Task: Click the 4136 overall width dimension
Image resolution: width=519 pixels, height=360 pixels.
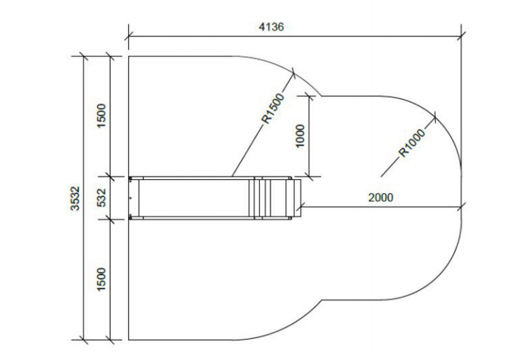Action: coord(271,27)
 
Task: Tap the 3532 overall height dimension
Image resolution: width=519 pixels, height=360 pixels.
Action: coord(75,198)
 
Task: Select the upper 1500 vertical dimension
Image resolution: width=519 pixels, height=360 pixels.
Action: coord(102,116)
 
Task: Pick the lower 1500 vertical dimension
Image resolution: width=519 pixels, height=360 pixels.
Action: coord(102,279)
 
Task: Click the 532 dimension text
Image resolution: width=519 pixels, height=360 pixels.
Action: coord(102,198)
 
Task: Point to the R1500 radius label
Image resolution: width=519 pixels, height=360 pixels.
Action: coord(273,108)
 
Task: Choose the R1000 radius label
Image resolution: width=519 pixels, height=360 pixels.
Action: coord(411,143)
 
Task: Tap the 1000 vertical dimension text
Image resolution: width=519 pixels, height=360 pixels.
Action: coord(300,136)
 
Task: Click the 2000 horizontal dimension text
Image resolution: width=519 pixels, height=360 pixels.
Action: coord(380,198)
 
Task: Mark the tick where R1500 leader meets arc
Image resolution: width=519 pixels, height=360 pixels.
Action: coord(293,73)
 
